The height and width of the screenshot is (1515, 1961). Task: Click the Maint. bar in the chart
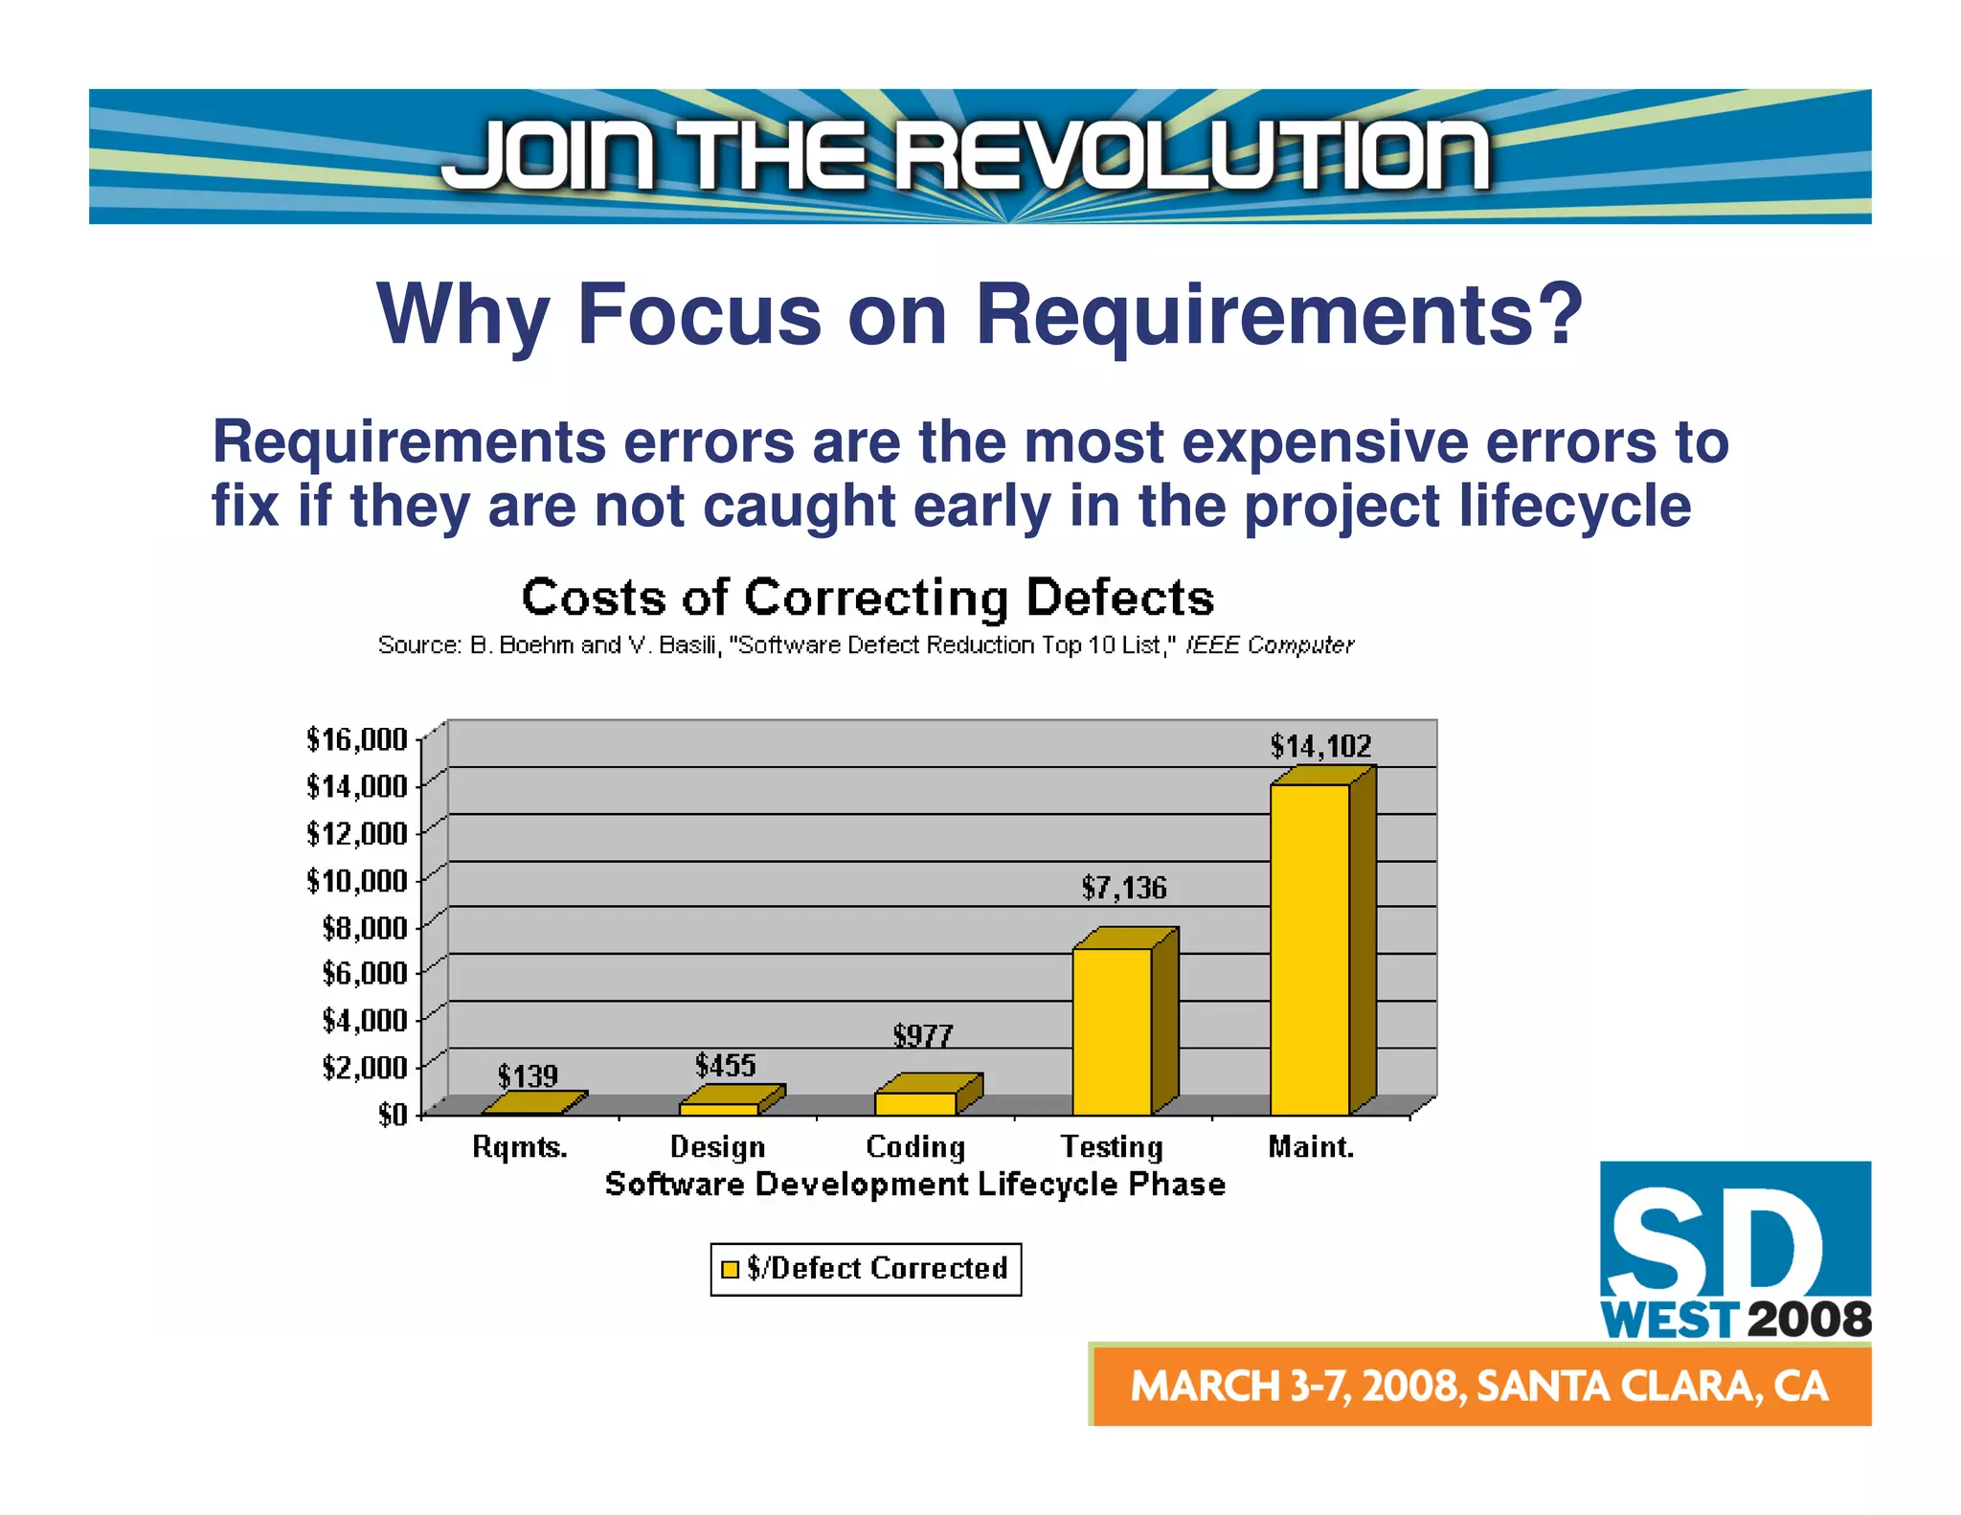point(1310,948)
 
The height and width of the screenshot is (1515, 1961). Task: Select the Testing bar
point(1112,1030)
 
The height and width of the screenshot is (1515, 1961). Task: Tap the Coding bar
point(915,1102)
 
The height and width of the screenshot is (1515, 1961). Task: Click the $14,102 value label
point(1320,746)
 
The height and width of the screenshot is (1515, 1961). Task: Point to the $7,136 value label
point(1123,888)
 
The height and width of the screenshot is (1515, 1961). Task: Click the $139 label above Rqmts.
point(527,1076)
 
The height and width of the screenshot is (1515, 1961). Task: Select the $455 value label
point(725,1065)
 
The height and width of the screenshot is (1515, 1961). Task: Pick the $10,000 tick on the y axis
point(356,880)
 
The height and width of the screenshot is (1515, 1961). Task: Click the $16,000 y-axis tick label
point(356,739)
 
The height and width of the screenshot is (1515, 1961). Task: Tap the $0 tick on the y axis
point(392,1115)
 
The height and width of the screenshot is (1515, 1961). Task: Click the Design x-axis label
point(717,1146)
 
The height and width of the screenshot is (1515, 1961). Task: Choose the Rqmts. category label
point(520,1146)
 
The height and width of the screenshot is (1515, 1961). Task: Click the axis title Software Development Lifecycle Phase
point(914,1185)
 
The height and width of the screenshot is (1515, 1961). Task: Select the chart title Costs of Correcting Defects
point(868,598)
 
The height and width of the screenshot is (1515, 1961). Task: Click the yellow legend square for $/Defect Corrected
point(730,1269)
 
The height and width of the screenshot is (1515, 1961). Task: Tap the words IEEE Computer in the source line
point(1269,645)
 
